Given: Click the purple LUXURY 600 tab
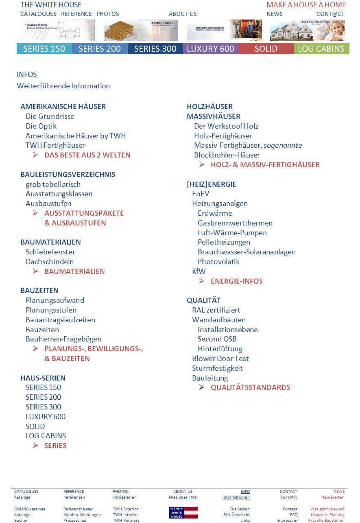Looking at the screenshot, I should coord(210,49).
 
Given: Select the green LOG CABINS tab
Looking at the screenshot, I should coord(321,49).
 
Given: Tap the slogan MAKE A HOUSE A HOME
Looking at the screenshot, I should coord(306,5).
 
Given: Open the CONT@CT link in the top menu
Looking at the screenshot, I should coord(330,14).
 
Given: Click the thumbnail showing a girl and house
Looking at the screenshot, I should coord(307,31).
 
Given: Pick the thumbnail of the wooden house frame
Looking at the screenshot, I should coord(141,31).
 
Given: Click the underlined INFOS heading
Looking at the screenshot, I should coord(27,74).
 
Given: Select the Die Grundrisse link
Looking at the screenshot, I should coord(50,116).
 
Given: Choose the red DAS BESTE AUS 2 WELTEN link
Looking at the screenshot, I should coord(87,155).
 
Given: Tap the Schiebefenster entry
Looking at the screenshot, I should coord(50,252).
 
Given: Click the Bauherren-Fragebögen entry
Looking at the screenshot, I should coord(63,339).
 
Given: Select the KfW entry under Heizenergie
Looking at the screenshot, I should coord(199,271).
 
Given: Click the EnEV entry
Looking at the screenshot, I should coord(201,194).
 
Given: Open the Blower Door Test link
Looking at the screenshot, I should coord(220,359).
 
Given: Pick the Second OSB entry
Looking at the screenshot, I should coord(217,339).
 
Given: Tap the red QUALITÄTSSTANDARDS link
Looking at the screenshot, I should coord(250,387).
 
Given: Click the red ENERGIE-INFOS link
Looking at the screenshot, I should coord(237,281).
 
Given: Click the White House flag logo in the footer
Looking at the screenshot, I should coord(183,512).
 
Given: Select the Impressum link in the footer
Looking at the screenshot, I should coord(287,521).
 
